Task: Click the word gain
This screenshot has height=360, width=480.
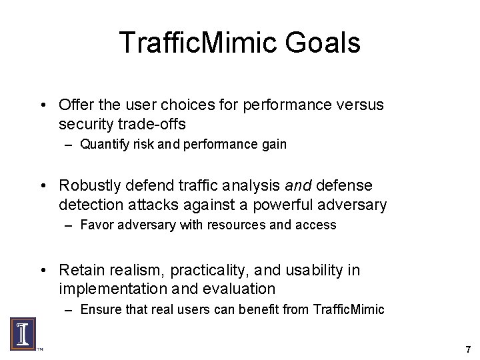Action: (273, 144)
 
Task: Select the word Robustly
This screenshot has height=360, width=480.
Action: (93, 185)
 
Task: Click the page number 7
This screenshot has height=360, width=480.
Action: (468, 349)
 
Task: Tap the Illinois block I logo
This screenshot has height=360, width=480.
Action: (22, 333)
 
